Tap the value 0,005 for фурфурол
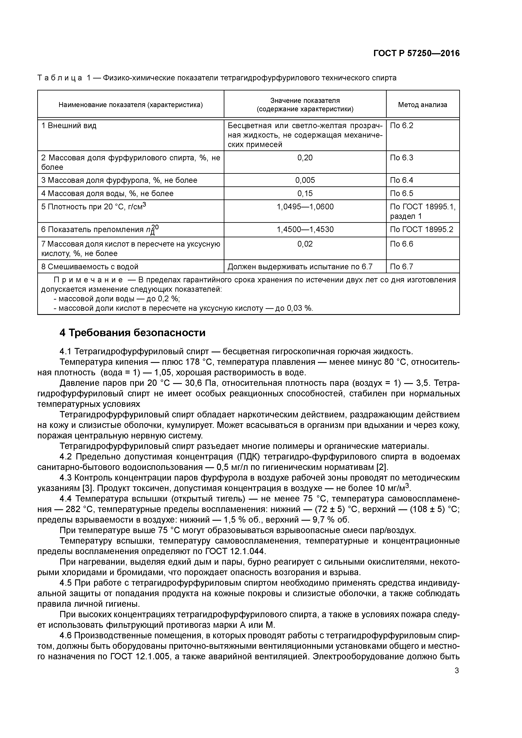[x=305, y=180]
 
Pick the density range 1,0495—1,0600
[x=305, y=207]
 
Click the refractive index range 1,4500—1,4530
[x=305, y=230]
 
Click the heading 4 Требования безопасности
[x=132, y=333]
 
